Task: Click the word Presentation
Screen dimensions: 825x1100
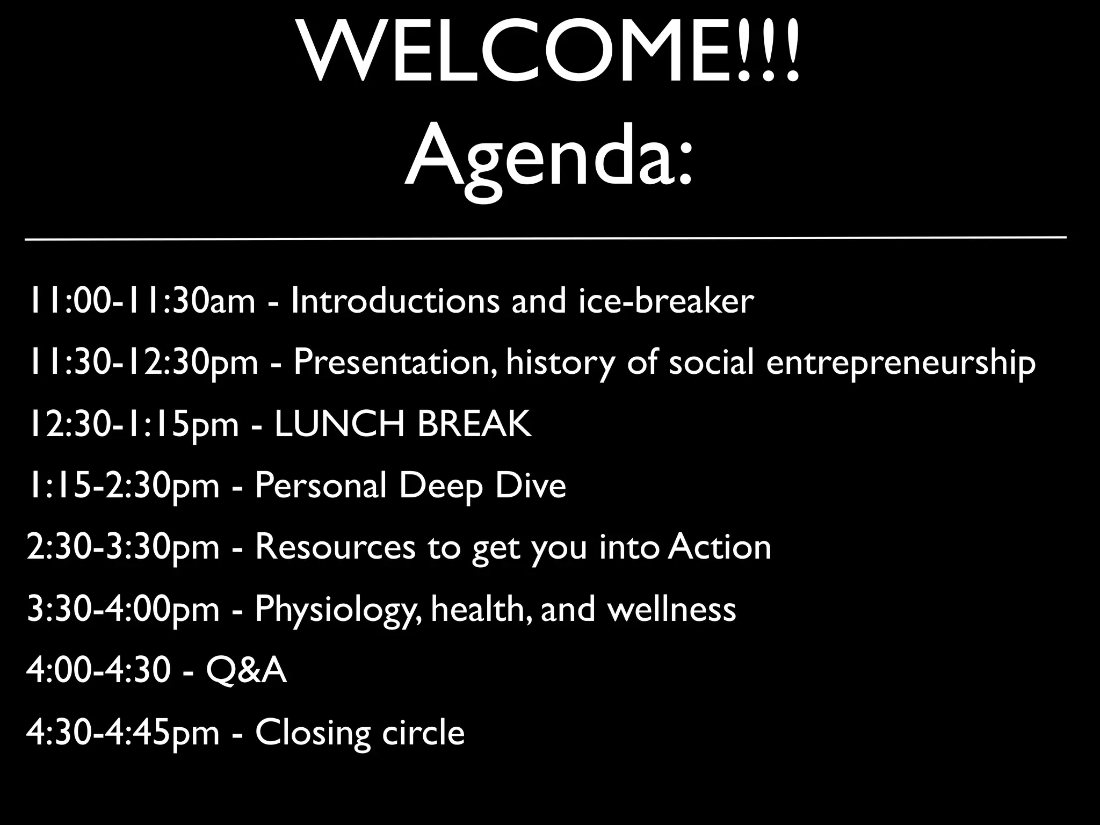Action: pos(395,363)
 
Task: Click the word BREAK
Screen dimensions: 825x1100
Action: pos(474,424)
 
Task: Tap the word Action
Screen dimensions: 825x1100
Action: pos(720,547)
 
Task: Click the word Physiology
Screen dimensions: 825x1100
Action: pos(338,610)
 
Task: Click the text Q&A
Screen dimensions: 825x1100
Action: pos(246,671)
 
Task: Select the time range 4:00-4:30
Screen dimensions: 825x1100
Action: pos(98,671)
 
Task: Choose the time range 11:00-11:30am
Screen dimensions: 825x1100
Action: pos(141,301)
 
